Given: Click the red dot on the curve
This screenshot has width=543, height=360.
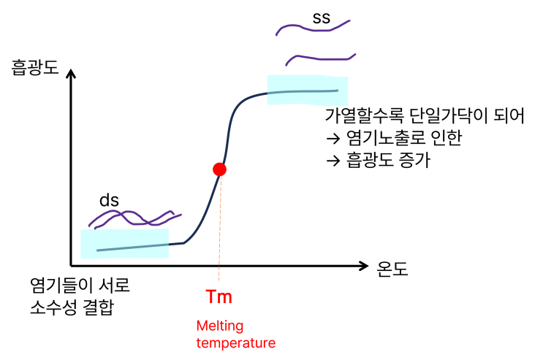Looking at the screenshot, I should point(219,169).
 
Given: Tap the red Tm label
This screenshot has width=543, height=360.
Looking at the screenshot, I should point(219,297).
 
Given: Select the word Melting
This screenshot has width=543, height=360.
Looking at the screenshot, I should point(220,326).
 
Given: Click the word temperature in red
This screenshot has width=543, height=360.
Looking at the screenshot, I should point(235,342).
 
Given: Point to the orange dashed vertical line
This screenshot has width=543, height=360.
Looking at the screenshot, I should point(219,234).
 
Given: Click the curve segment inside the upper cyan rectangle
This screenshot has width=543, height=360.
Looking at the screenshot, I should point(307,92).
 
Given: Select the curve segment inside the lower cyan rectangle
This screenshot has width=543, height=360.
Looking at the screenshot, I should point(132,248).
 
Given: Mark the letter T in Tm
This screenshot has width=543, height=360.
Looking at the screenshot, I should point(212,297).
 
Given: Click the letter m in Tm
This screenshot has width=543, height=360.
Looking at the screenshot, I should point(225,299).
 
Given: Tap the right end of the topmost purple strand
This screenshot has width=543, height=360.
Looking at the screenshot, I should point(349,20).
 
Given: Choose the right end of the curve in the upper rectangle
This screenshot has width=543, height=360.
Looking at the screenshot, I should point(336,91).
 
